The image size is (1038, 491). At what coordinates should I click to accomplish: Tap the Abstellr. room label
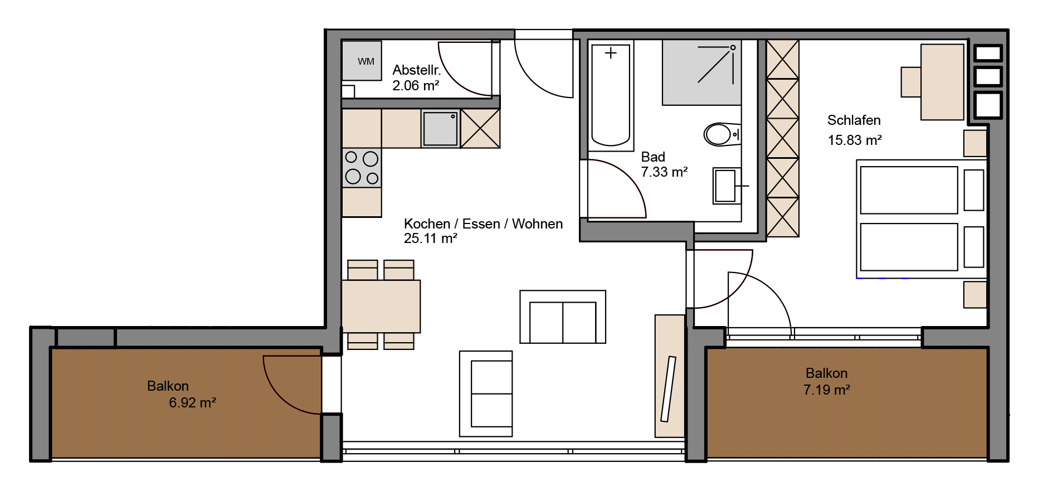tap(417, 70)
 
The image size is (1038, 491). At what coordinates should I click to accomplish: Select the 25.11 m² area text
tap(431, 239)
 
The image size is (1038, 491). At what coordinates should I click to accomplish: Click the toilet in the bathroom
tap(722, 134)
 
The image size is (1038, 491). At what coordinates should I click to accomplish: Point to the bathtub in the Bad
tap(611, 95)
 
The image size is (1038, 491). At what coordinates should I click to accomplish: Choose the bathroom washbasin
tap(727, 186)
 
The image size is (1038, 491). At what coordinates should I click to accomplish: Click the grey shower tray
tap(701, 72)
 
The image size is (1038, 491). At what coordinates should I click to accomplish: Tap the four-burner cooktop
tap(362, 168)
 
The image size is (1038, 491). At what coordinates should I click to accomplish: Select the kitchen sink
tap(440, 129)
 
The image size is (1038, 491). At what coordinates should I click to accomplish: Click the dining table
tap(381, 307)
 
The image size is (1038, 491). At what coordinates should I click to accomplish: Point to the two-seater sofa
tap(563, 317)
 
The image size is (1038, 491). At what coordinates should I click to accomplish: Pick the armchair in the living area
tap(486, 393)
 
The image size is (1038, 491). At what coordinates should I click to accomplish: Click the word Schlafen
tap(854, 120)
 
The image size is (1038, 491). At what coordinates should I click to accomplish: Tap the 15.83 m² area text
tap(855, 140)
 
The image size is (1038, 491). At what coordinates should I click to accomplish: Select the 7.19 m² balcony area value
tap(827, 390)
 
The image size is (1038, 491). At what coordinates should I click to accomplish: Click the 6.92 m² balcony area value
tap(192, 403)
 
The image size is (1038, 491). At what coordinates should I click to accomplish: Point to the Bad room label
tap(653, 157)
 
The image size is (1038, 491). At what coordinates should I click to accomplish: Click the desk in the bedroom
tap(942, 82)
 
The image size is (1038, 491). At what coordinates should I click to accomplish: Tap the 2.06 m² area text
tap(416, 86)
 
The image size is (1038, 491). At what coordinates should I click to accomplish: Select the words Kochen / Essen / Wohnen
tap(483, 224)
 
